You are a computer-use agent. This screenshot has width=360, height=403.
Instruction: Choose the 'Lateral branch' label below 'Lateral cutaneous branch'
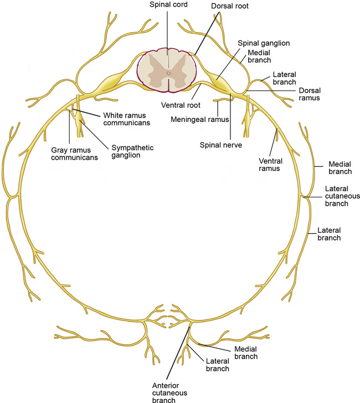pos(329,233)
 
